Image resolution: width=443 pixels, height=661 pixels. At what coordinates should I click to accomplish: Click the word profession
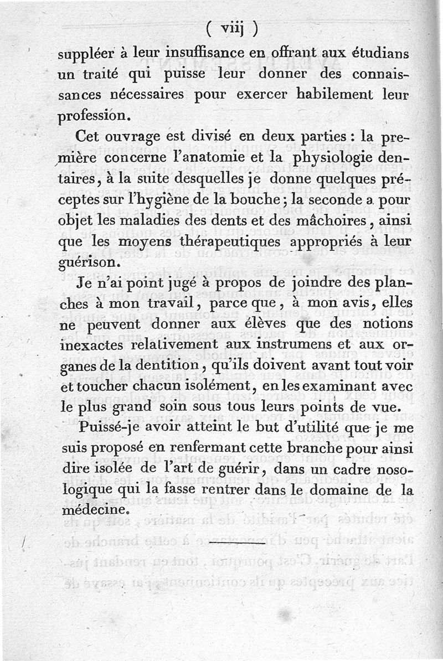click(x=95, y=117)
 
